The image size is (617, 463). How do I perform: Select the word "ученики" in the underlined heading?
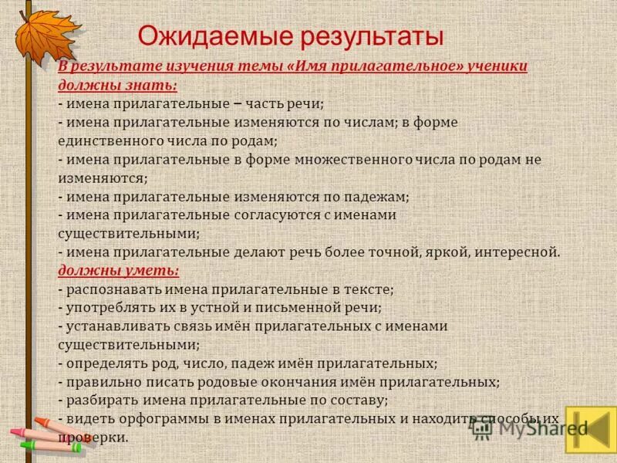tap(499, 66)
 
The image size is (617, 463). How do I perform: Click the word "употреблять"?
tap(109, 307)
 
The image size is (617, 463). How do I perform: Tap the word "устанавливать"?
tap(113, 326)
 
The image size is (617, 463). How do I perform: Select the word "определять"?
tap(105, 363)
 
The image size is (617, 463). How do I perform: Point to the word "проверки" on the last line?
tap(90, 437)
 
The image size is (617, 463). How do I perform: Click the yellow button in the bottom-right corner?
tap(590, 429)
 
